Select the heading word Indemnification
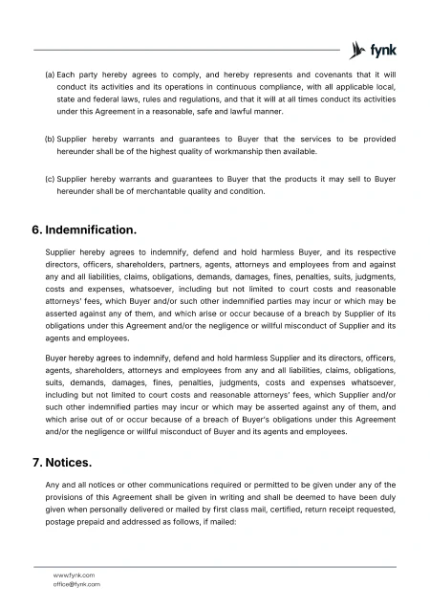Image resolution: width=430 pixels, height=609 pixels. [x=92, y=230]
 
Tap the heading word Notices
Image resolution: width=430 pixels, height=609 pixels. [x=69, y=464]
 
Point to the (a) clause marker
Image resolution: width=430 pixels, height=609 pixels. [x=50, y=74]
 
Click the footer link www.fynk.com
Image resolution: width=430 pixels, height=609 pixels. [x=73, y=575]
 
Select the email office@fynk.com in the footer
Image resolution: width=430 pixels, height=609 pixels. [x=76, y=583]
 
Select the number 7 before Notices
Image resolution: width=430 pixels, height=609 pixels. [x=36, y=464]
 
